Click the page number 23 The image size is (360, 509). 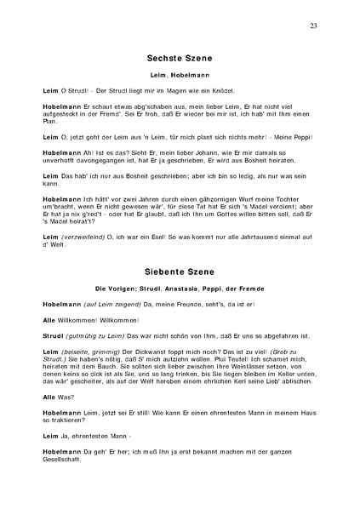313,26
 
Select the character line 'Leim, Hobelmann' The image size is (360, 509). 180,77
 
